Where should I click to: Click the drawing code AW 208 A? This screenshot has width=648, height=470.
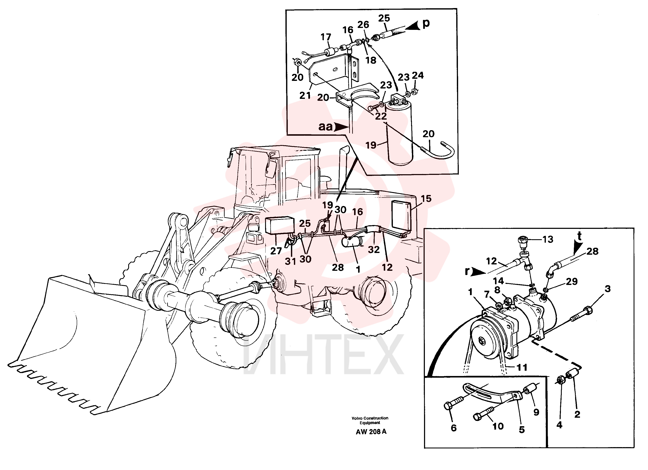[x=371, y=432]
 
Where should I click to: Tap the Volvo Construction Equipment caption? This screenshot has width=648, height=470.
[x=370, y=420]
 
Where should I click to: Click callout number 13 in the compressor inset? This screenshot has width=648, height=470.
[x=548, y=239]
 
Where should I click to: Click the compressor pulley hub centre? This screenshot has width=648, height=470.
[x=483, y=341]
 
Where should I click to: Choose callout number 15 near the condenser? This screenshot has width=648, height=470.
[x=426, y=199]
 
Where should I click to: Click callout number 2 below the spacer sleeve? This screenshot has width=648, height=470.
[x=577, y=414]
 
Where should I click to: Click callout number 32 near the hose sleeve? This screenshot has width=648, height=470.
[x=374, y=250]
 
